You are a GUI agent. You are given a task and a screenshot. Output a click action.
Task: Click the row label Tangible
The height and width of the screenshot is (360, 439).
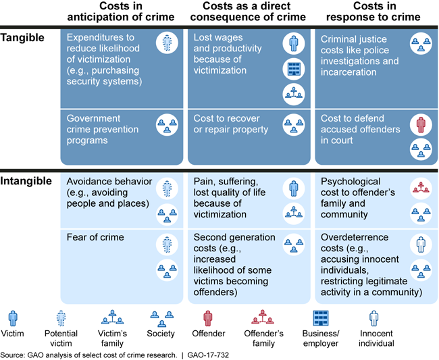pyautogui.click(x=22, y=38)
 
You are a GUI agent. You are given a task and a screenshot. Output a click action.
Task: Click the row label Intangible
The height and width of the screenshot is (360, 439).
pyautogui.click(x=26, y=182)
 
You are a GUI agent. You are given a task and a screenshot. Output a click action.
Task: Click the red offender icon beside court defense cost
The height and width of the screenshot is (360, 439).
pyautogui.click(x=420, y=126)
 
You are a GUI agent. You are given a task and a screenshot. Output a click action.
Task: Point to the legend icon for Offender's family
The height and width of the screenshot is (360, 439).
pyautogui.click(x=262, y=317)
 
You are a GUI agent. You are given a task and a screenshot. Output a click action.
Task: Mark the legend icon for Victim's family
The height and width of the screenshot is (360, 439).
pyautogui.click(x=113, y=317)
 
